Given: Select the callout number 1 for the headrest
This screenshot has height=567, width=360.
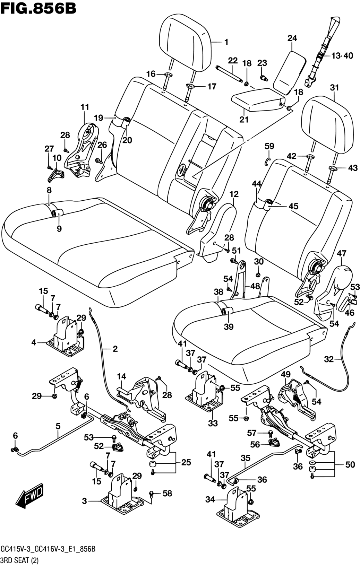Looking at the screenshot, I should pos(226,42).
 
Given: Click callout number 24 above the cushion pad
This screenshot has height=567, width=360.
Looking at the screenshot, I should pos(292,38).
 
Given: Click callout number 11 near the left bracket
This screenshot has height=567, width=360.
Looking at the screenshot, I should pos(85,107).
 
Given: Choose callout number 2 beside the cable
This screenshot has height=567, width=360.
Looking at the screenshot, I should pos(115,349).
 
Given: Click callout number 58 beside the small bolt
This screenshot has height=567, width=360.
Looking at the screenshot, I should pos(167,493).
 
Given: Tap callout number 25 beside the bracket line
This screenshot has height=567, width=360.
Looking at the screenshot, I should pos(186,462).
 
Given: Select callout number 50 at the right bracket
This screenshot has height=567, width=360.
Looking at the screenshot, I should pos(350,464).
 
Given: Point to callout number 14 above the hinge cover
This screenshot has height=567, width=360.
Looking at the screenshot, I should pos(121,376).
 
